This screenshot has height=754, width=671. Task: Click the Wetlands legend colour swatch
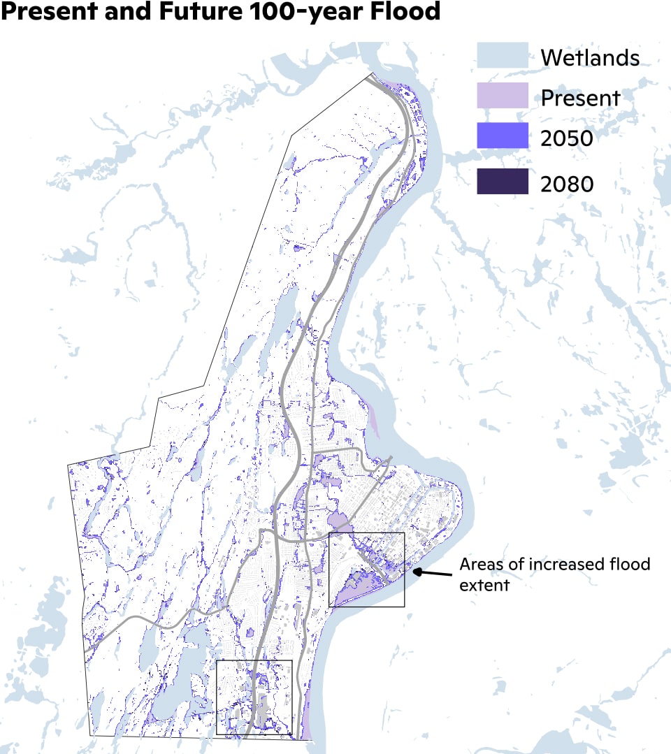point(502,55)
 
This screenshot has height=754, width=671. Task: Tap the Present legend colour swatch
point(502,96)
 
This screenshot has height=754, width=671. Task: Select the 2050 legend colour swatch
point(502,136)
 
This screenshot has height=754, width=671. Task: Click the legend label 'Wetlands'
point(590,57)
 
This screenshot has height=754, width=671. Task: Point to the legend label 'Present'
point(580,98)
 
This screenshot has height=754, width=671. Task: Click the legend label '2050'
point(567,138)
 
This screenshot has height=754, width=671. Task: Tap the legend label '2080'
point(567,184)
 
